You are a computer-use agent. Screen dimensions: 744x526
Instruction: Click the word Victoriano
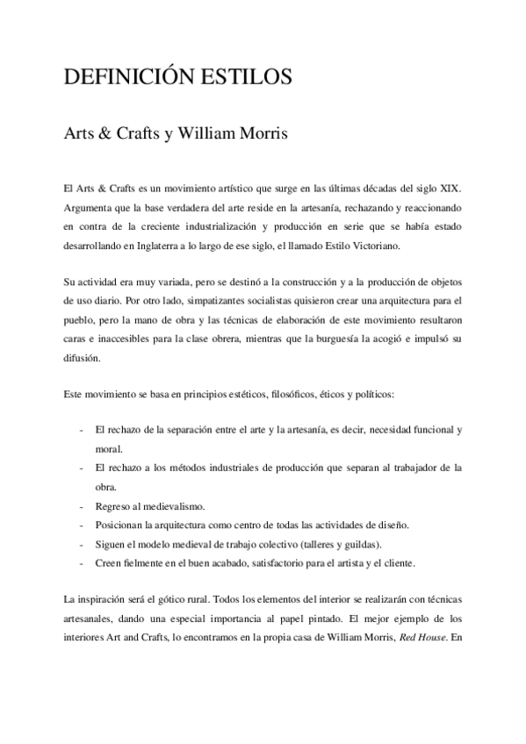[x=371, y=247]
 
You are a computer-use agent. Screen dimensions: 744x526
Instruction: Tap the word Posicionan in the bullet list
[x=119, y=525]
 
